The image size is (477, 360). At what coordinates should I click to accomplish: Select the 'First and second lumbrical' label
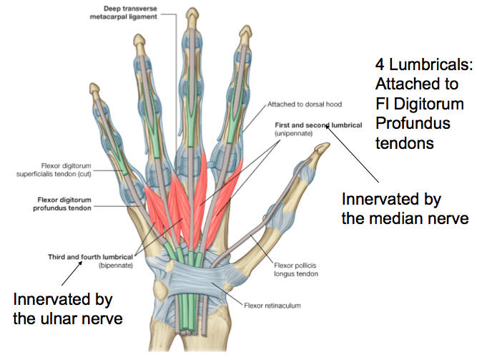tap(318, 125)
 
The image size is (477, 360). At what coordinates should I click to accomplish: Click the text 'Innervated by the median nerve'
tap(405, 208)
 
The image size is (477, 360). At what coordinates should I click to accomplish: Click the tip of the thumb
tap(326, 148)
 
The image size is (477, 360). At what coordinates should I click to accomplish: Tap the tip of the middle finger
tap(191, 12)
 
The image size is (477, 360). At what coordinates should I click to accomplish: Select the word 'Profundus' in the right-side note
tap(413, 123)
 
